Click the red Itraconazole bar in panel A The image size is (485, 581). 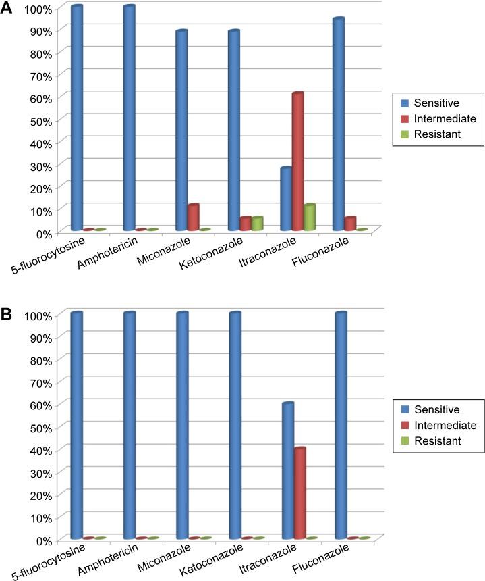pos(297,162)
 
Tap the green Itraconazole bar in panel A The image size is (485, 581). pos(310,218)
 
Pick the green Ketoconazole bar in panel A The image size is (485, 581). pos(257,224)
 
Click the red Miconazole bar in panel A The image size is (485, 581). pos(193,218)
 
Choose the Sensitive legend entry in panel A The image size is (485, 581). pos(429,103)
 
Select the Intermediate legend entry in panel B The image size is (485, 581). pos(438,425)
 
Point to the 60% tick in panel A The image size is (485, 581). pos(34,97)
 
